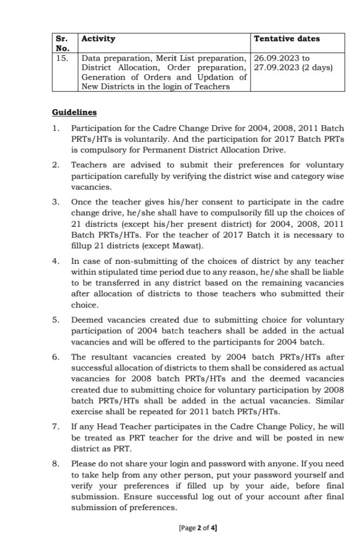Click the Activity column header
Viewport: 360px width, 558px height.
point(98,39)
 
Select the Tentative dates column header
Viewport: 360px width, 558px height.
point(287,39)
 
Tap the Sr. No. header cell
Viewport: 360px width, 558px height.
point(64,44)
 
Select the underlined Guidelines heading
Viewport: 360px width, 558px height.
point(75,112)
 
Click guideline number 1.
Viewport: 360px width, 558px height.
point(55,128)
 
